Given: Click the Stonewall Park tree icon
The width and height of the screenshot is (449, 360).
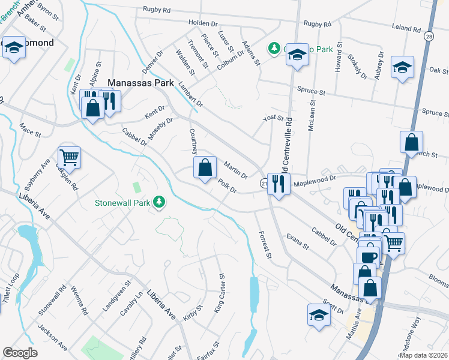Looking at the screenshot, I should pos(160,203).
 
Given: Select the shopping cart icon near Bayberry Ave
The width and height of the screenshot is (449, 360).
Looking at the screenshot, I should pos(69,157).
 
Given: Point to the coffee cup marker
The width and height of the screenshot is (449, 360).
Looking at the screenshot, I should pos(368,256).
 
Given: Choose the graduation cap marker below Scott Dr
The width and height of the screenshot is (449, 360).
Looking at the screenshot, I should pos(319,314).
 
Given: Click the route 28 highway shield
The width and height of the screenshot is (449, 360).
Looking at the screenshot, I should pos(427,37).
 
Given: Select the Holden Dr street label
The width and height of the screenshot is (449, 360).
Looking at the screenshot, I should pos(201,23).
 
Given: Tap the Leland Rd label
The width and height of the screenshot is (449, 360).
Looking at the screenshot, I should pos(406,28).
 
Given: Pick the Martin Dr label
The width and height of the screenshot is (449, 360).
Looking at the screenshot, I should pos(235,169).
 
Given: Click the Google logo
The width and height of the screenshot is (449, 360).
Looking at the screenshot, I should pos(20,353).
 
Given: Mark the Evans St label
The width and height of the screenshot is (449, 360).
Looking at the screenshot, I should pos(297,242).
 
